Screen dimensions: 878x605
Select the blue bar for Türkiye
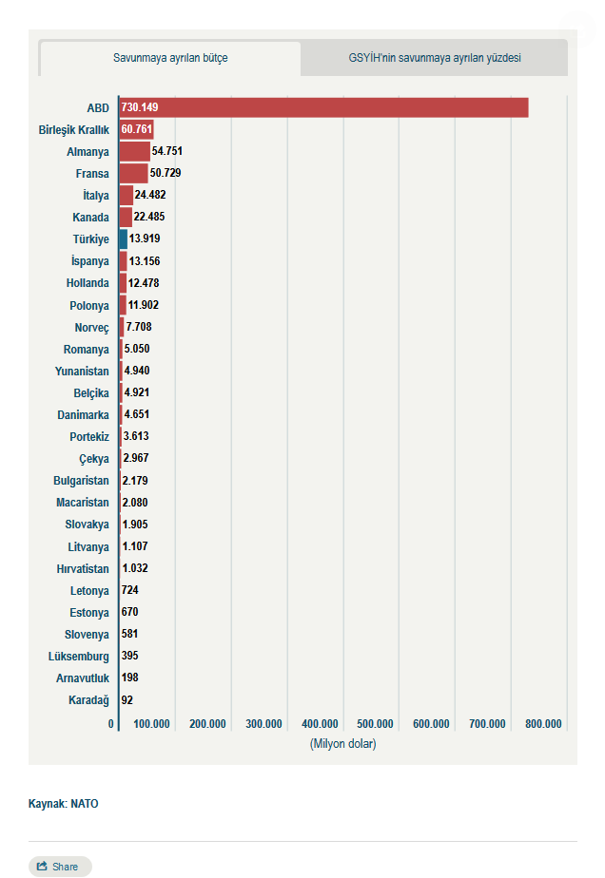click(124, 239)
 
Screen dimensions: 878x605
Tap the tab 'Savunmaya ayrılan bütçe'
click(170, 58)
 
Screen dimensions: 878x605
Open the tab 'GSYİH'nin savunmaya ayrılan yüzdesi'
click(434, 58)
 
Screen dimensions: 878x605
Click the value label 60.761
click(136, 130)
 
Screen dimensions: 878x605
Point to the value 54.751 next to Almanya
click(166, 152)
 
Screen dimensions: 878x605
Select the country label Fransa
click(92, 174)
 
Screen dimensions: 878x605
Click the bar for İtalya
click(127, 195)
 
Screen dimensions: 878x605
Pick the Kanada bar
click(126, 217)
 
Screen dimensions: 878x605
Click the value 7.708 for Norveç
click(139, 327)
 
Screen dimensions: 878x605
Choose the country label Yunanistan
click(82, 371)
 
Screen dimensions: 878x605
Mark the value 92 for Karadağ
click(128, 700)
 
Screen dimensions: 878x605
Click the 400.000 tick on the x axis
click(320, 724)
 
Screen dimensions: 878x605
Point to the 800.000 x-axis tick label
click(542, 724)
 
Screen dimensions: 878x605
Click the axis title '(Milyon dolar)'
click(342, 743)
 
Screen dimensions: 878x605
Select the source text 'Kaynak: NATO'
click(63, 804)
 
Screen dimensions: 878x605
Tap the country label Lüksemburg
click(79, 657)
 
